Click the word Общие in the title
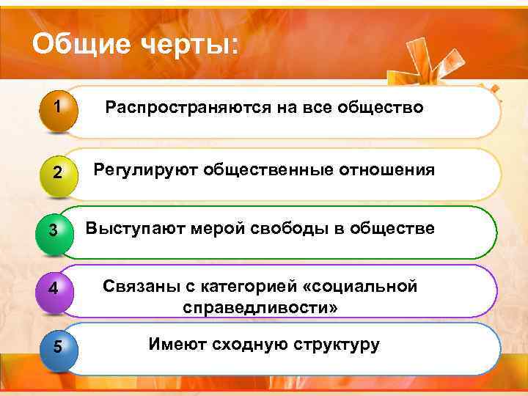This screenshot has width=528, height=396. coord(76,45)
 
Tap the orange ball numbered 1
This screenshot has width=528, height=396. coord(56,111)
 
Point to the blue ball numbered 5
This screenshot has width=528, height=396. coord(56,346)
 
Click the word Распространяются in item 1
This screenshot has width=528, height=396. coord(187,109)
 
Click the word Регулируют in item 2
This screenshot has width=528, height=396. coord(145,170)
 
